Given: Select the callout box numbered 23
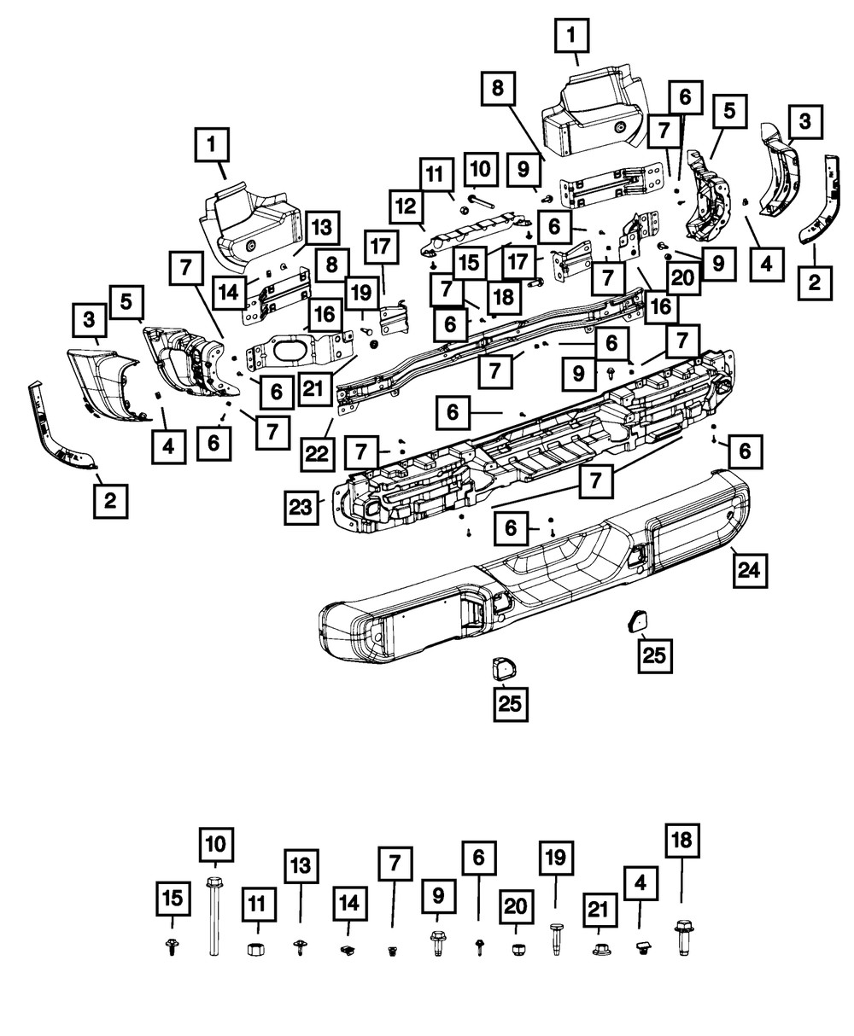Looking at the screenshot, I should (x=302, y=507).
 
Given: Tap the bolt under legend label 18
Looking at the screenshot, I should (x=682, y=936).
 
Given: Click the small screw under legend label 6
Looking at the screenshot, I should (x=477, y=945).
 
